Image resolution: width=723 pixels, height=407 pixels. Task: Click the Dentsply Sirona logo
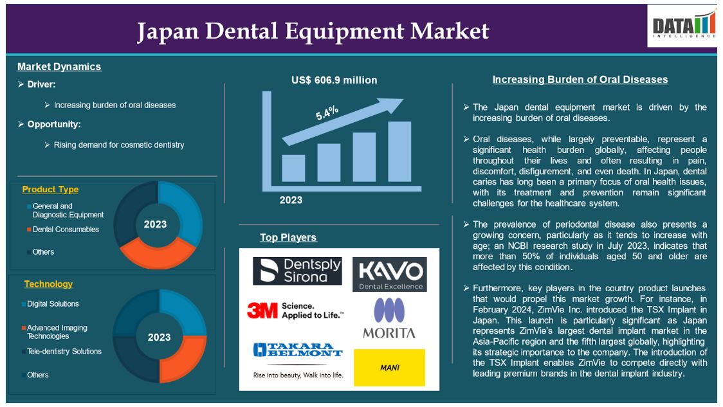(x=297, y=271)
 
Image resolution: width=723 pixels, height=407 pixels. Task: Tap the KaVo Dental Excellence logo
(x=390, y=275)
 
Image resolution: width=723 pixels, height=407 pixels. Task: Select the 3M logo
(x=295, y=311)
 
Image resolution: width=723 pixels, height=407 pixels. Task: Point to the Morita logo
(x=389, y=318)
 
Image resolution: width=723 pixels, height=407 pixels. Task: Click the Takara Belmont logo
(x=298, y=360)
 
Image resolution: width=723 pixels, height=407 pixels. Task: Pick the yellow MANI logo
(x=390, y=367)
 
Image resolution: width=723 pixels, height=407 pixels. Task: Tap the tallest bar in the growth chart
(x=399, y=152)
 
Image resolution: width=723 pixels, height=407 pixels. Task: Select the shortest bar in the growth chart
(x=293, y=168)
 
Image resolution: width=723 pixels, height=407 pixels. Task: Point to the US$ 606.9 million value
(x=334, y=80)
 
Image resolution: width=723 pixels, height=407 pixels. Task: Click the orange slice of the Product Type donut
(x=158, y=255)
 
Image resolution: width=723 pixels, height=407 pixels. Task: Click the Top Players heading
(x=288, y=237)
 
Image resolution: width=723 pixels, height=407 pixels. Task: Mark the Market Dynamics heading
(x=59, y=67)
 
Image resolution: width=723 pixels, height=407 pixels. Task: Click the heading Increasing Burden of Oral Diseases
(x=580, y=80)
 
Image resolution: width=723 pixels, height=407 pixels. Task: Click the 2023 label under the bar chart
(x=291, y=200)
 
